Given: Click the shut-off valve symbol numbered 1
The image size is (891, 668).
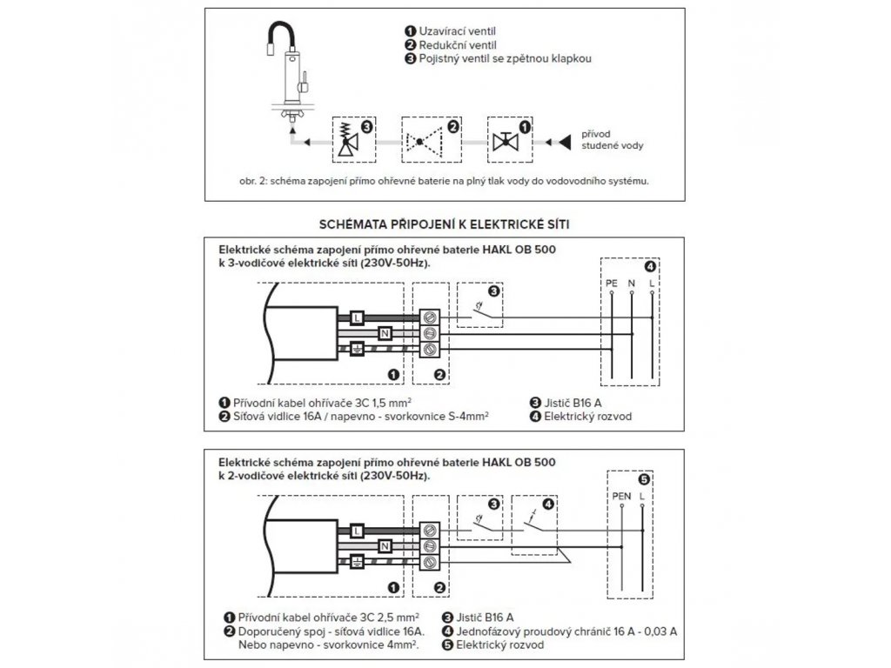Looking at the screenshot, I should click(502, 142).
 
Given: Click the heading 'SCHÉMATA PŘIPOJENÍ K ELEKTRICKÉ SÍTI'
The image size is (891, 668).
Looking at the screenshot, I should click(445, 224).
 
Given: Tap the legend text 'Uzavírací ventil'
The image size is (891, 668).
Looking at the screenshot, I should click(457, 31).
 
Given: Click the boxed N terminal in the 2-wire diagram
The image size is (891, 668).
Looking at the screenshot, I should click(385, 545).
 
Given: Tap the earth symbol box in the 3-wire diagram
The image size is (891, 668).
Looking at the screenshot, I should click(356, 349).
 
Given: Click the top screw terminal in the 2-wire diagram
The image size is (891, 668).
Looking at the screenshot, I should click(428, 530).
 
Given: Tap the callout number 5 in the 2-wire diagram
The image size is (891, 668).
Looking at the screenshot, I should click(643, 479).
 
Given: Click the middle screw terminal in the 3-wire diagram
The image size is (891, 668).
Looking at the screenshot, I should click(428, 333).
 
